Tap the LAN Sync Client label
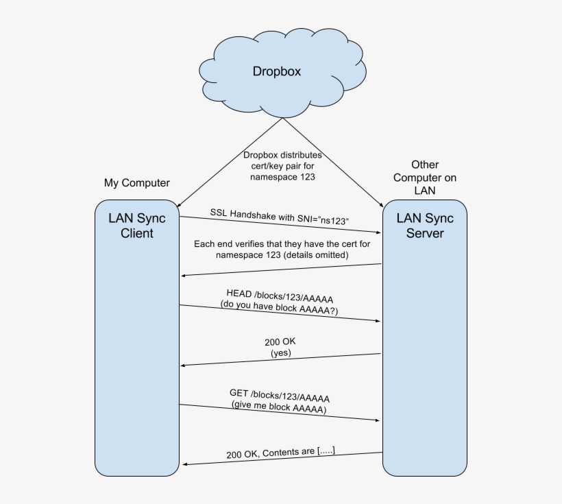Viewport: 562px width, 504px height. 137,226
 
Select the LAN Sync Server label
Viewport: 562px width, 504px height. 425,226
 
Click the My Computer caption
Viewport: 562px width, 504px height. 136,183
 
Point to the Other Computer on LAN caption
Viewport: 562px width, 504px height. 425,178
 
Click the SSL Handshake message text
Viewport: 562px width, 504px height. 280,217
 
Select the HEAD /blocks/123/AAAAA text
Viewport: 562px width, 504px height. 280,295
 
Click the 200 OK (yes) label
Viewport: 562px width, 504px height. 280,346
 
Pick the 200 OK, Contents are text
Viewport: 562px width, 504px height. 281,453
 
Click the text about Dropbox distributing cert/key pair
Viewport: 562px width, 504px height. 282,166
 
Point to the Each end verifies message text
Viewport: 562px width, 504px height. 280,249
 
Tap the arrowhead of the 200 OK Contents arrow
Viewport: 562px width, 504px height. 184,465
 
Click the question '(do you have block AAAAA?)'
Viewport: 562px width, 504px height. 280,311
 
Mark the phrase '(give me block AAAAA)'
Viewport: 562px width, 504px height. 280,409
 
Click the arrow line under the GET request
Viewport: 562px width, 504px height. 280,412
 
